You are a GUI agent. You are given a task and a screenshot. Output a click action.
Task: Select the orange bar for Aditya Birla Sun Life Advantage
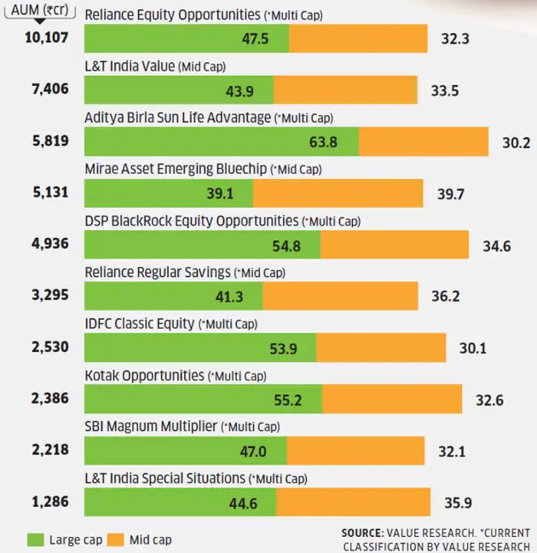point(423,141)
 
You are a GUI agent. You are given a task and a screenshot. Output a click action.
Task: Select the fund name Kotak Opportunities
point(144,376)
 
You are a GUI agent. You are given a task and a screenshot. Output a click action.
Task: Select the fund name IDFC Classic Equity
point(139,324)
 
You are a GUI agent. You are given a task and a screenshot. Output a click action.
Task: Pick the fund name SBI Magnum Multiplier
point(150,426)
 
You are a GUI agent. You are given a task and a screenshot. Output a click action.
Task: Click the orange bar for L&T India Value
point(345,90)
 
